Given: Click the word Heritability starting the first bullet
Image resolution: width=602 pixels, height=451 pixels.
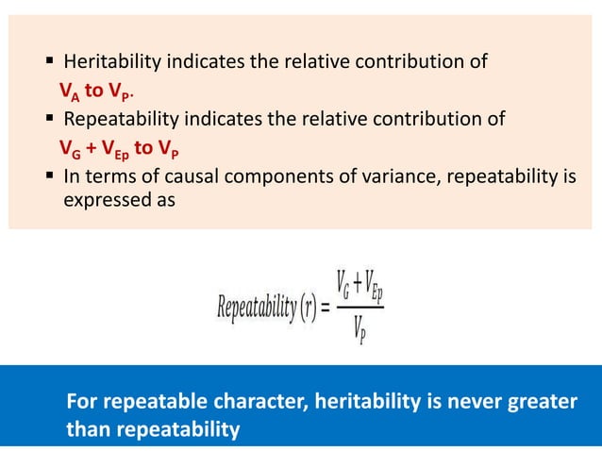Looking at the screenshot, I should (111, 63).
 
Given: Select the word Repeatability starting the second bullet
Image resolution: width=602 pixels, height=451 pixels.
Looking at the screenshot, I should (120, 119).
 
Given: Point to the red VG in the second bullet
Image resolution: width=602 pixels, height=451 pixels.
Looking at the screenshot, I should (65, 148).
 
